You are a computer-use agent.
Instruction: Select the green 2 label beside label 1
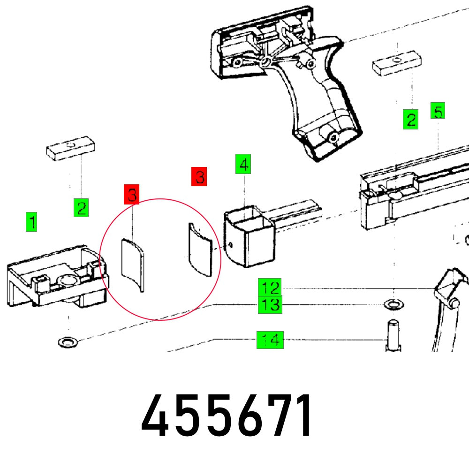click(81, 207)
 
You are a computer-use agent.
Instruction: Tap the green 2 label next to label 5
click(410, 120)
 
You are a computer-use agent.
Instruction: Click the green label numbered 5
click(437, 112)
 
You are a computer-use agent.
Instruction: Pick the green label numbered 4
click(243, 164)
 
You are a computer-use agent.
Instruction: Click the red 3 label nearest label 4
click(199, 177)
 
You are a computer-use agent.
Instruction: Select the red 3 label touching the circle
click(132, 195)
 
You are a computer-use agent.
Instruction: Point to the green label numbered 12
click(270, 287)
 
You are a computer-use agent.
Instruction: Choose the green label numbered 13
click(270, 305)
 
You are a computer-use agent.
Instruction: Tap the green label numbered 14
click(270, 339)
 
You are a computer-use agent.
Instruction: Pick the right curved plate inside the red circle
click(200, 250)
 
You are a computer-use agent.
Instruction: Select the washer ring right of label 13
click(393, 305)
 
